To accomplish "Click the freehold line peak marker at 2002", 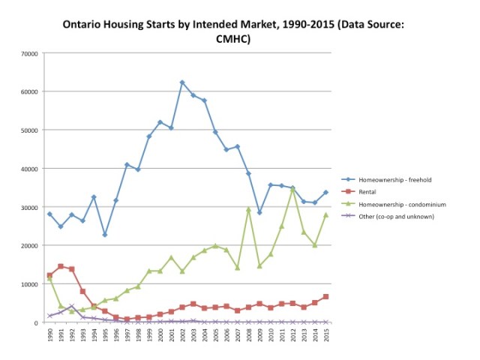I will (x=182, y=82).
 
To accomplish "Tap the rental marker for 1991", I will (x=61, y=266).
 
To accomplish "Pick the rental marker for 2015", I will (x=325, y=297).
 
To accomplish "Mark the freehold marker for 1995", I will (x=105, y=235).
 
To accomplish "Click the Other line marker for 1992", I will (x=72, y=306).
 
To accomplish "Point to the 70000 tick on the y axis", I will (x=30, y=53).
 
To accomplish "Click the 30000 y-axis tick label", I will (x=30, y=207).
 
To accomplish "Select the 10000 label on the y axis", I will (x=30, y=284).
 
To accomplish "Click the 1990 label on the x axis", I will (x=49, y=335).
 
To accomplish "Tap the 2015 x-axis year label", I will (x=325, y=335).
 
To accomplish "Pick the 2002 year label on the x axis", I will (x=182, y=335).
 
